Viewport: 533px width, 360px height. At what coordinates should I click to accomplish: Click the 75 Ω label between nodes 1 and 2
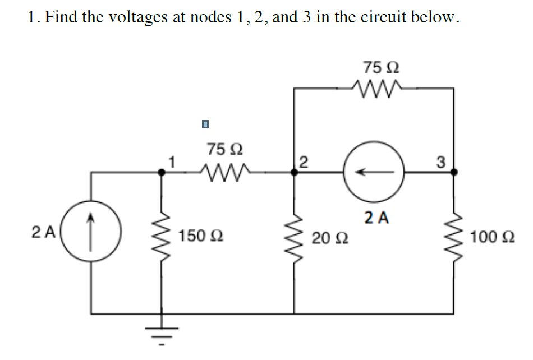[224, 150]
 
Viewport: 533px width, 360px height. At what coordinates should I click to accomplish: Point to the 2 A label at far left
[44, 231]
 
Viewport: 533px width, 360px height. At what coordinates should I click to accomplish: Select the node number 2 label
[304, 163]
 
